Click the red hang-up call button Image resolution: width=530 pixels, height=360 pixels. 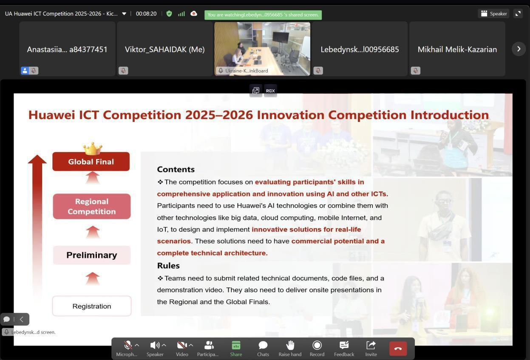point(398,349)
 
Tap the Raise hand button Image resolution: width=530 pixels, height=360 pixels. point(290,349)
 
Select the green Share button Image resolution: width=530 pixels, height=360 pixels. point(236,349)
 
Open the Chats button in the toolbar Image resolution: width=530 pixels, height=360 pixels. point(263,349)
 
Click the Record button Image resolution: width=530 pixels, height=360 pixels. point(317,349)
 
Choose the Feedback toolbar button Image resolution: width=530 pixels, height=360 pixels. point(344,349)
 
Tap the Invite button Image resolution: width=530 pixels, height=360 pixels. point(371,349)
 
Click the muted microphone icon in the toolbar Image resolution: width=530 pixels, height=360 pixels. point(128,345)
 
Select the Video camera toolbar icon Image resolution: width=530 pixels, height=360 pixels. point(182,345)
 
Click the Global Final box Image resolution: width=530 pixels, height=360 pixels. point(91,162)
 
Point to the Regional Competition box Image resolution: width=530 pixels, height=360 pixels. point(92,206)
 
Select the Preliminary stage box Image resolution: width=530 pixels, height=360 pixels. point(92,255)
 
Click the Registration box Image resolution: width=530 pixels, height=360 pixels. point(92,306)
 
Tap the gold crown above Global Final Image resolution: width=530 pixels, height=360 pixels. point(93,148)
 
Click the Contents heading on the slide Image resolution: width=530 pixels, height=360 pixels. point(176,169)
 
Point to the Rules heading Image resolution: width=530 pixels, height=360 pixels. point(168,266)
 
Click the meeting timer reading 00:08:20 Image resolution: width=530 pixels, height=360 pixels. point(146,14)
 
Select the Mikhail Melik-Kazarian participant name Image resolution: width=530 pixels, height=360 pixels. point(457,49)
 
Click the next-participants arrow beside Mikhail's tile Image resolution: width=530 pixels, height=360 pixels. point(519,49)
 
